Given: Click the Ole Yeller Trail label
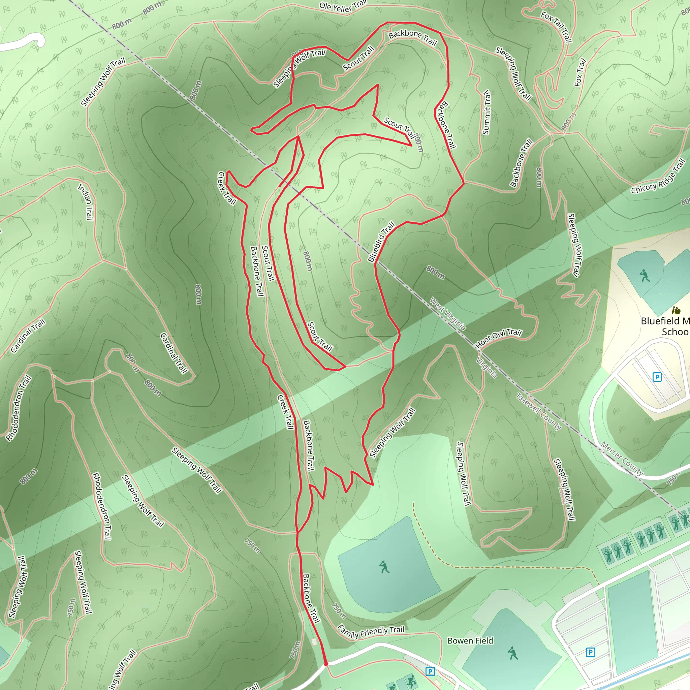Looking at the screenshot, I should coord(343,6).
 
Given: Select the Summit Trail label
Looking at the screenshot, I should coord(487,113).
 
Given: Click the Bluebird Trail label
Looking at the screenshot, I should coord(381,242).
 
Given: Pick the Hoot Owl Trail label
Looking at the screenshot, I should coord(499,338).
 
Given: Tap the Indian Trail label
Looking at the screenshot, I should coord(86,202).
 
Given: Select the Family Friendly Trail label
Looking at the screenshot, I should coord(371,631).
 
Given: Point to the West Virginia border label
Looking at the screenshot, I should coord(447,314).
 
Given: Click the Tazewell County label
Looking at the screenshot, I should coord(539,411).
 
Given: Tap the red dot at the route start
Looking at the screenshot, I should coord(326,664).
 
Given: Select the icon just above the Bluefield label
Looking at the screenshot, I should coord(676,310).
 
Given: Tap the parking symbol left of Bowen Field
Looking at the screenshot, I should coord(430,671).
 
